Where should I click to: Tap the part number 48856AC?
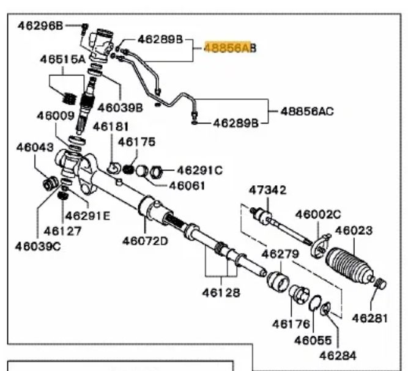(307, 111)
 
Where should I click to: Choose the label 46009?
(54, 115)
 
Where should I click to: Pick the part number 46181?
(110, 127)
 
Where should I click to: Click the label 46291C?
(200, 170)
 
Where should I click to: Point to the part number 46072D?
(144, 240)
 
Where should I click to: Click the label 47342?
(267, 190)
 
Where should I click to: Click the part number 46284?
(336, 354)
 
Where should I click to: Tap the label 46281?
(371, 318)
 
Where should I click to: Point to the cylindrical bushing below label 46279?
(279, 280)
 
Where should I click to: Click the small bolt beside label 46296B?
(84, 26)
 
